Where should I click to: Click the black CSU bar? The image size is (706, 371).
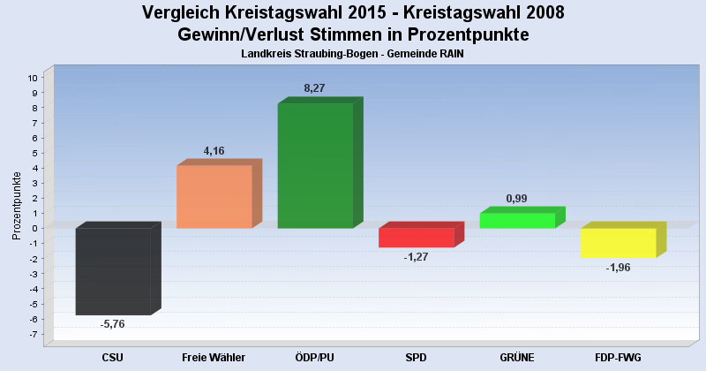click(113, 271)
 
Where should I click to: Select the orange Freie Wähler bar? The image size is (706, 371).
click(214, 197)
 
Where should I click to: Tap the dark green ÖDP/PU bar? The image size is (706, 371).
click(315, 165)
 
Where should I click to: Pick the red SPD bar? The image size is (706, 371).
click(416, 238)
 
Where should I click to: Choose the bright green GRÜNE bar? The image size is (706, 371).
click(517, 220)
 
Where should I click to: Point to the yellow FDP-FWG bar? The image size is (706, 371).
click(618, 242)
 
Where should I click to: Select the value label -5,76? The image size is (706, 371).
click(112, 324)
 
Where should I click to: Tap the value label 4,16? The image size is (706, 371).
click(214, 151)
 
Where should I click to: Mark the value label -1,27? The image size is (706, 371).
click(416, 257)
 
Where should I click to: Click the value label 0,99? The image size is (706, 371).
click(516, 198)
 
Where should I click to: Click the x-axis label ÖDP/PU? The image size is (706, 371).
click(315, 357)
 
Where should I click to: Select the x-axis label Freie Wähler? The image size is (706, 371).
click(214, 357)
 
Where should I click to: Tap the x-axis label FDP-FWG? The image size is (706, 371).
click(618, 357)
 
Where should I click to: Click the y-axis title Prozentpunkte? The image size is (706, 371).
click(17, 205)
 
